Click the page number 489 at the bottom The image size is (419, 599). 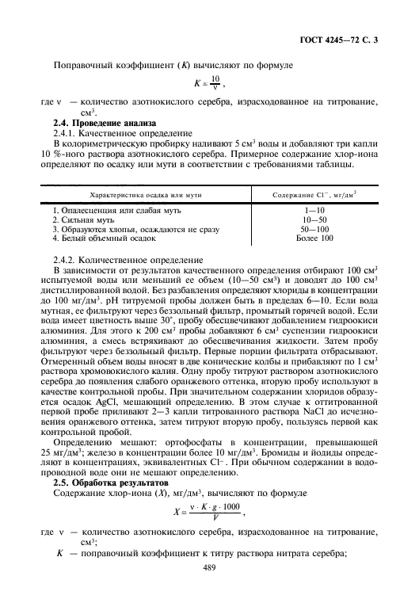210,567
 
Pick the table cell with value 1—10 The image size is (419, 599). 314,210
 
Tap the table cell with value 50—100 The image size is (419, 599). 314,228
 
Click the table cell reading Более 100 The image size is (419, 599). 314,237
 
